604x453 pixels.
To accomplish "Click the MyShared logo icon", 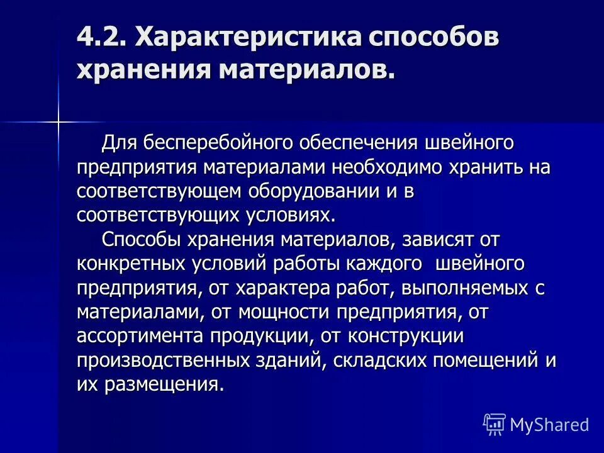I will coord(495,424).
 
